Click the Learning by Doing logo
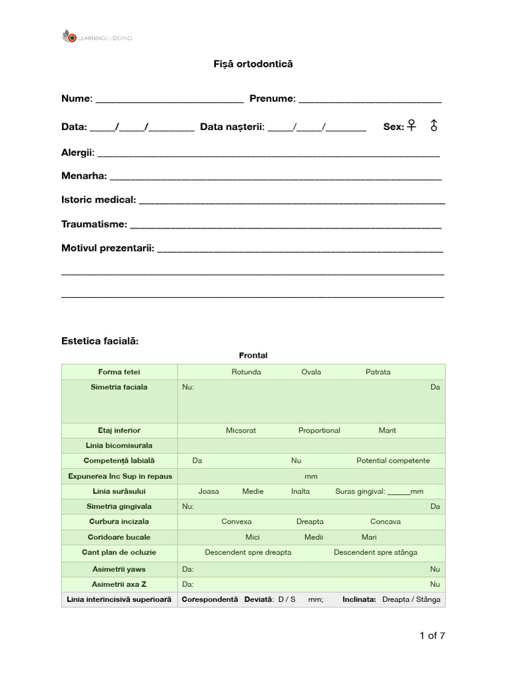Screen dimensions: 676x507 [x=96, y=38]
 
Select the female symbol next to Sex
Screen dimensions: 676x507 [x=412, y=125]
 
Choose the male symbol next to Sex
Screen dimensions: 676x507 [x=434, y=125]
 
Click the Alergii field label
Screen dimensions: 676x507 [x=78, y=152]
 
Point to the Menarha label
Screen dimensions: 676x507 [x=84, y=176]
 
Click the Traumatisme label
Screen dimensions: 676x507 [x=94, y=224]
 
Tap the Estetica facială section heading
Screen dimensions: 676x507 [x=100, y=341]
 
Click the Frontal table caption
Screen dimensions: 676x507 [x=253, y=356]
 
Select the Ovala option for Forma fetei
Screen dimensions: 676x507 [x=311, y=372]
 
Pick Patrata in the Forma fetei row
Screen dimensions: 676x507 [x=378, y=372]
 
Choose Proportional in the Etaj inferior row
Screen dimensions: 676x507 [x=319, y=430]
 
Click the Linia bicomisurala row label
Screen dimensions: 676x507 [x=119, y=446]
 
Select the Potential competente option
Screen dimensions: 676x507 [x=393, y=461]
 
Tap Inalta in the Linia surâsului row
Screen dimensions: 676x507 [x=300, y=491]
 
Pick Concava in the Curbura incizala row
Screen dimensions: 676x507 [x=385, y=522]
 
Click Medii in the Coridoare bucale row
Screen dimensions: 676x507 [x=314, y=537]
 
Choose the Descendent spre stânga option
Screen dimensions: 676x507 [x=375, y=553]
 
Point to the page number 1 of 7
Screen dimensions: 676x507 [x=432, y=636]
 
